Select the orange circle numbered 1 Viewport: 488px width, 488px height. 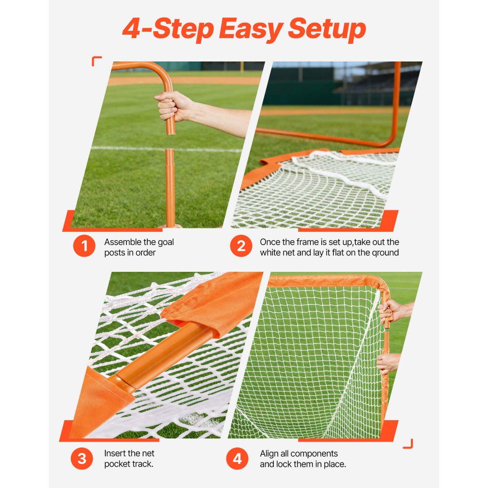(x=84, y=246)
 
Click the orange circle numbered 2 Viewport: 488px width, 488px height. (x=241, y=246)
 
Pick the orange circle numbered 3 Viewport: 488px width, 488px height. (x=81, y=459)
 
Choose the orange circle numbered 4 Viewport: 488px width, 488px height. (x=237, y=459)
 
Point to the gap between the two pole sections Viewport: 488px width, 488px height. (x=169, y=142)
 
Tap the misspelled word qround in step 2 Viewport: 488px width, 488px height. (x=384, y=253)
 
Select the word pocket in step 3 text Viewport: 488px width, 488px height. (x=116, y=464)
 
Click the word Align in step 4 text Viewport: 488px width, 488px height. (x=269, y=454)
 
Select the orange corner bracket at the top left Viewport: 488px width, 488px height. (x=96, y=61)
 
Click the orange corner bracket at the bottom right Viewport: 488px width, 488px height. (x=408, y=444)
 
